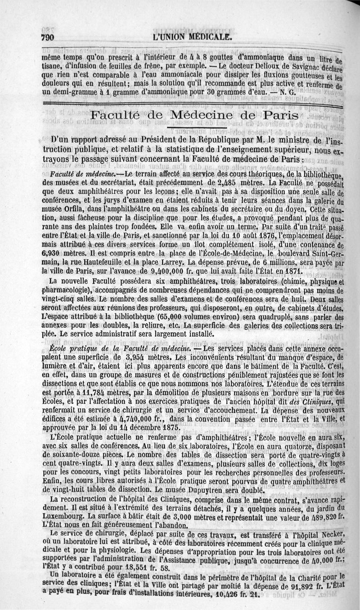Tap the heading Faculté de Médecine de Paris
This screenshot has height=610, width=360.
click(x=194, y=115)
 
